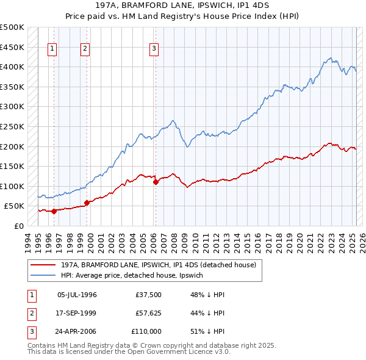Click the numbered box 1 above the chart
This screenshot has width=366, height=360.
click(52, 49)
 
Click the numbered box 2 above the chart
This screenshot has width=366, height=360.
click(85, 49)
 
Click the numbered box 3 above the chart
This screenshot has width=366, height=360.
click(154, 49)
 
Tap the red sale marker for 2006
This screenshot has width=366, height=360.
click(156, 182)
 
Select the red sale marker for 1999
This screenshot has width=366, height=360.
click(87, 203)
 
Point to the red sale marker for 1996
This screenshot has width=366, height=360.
click(54, 211)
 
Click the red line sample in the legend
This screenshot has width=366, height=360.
click(43, 265)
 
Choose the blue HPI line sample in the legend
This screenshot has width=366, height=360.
click(43, 275)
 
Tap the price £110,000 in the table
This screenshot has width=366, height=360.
click(146, 331)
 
